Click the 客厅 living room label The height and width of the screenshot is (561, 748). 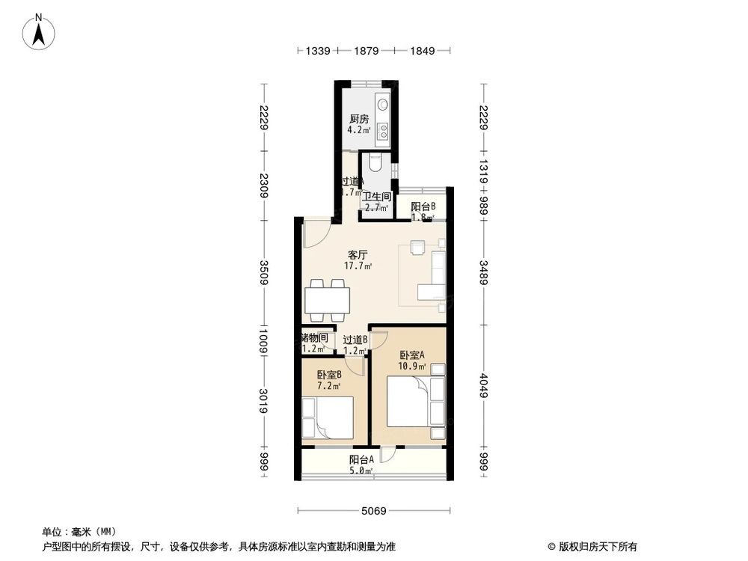pyautogui.click(x=355, y=255)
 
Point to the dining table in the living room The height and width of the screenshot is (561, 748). pyautogui.click(x=327, y=301)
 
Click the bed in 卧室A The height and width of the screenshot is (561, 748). pyautogui.click(x=409, y=402)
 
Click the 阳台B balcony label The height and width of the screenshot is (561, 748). pyautogui.click(x=423, y=207)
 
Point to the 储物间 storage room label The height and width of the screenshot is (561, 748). pyautogui.click(x=314, y=338)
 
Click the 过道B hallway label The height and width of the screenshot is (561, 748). pyautogui.click(x=355, y=340)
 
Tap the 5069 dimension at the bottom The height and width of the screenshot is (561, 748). pyautogui.click(x=373, y=511)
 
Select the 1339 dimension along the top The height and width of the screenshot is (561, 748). pyautogui.click(x=318, y=51)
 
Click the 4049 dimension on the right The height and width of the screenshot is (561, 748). pyautogui.click(x=485, y=387)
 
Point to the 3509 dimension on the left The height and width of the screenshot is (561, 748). pyautogui.click(x=263, y=273)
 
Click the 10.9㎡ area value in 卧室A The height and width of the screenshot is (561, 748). pyautogui.click(x=412, y=367)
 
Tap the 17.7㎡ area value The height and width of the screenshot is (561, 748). pyautogui.click(x=358, y=266)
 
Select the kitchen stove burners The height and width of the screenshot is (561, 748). pyautogui.click(x=383, y=132)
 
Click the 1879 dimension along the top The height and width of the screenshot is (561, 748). pyautogui.click(x=367, y=51)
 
